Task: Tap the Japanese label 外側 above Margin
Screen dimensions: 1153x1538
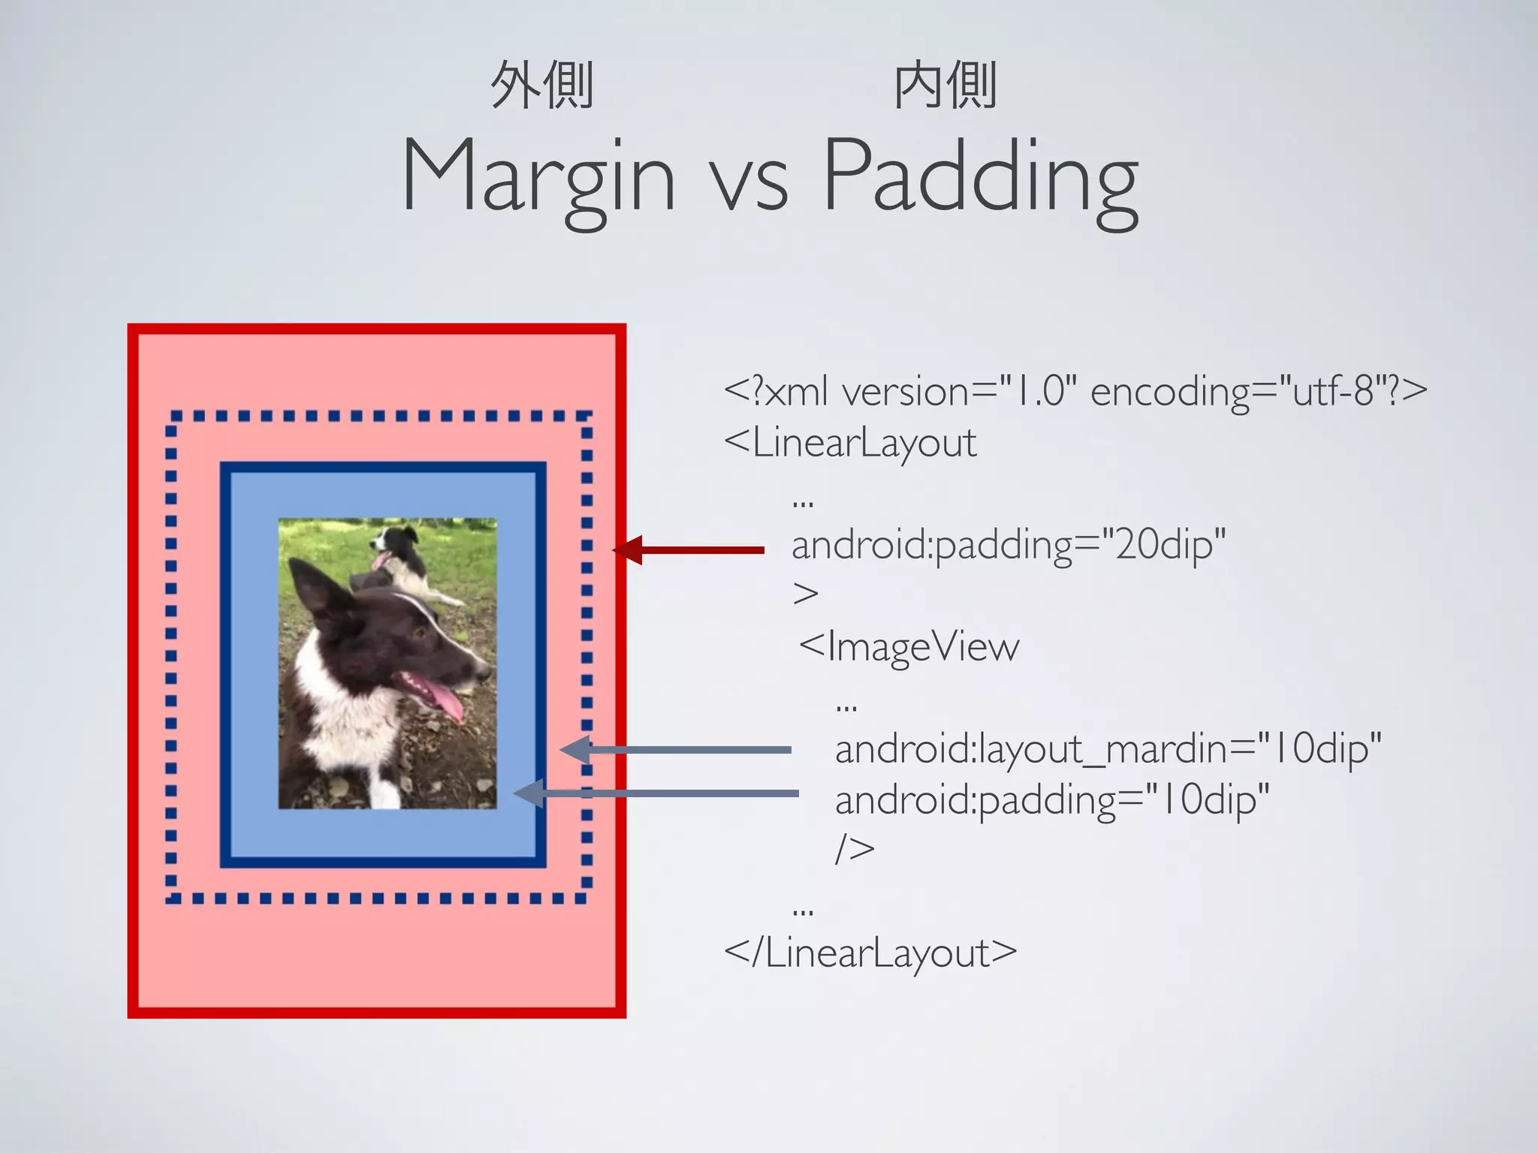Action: [x=541, y=86]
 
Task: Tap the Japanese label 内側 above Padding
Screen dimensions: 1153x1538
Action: [x=945, y=86]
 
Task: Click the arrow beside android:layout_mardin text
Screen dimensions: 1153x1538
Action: [x=676, y=750]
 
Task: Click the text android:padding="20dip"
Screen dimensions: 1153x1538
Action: [x=1008, y=544]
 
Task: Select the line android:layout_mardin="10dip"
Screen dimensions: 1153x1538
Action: [x=1108, y=749]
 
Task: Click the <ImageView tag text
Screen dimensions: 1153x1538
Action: [x=909, y=646]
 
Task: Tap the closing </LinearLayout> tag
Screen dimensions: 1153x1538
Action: [x=870, y=953]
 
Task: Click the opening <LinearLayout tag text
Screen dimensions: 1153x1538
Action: [x=850, y=442]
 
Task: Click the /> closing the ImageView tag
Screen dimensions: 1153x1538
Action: [x=855, y=849]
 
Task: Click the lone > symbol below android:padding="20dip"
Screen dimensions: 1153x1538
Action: [x=805, y=594]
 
